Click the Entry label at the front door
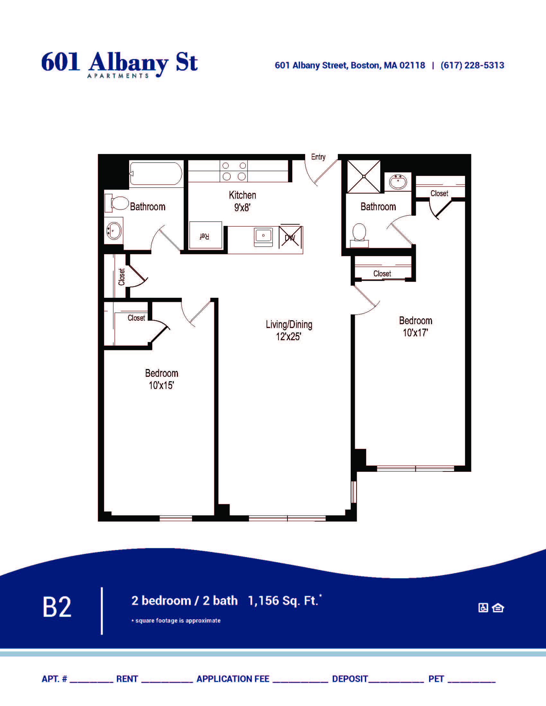click(x=318, y=157)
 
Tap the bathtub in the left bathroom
click(x=156, y=174)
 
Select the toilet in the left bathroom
click(x=117, y=203)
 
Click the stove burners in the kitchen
click(x=234, y=171)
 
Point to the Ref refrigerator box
click(x=206, y=235)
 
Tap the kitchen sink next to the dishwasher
click(x=263, y=237)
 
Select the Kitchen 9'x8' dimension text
click(x=242, y=201)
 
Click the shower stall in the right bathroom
click(x=364, y=176)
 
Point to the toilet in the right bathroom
click(x=359, y=235)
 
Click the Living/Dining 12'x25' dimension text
click(x=289, y=330)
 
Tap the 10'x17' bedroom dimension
click(x=415, y=333)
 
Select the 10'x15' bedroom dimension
click(x=162, y=385)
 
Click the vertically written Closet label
click(x=122, y=277)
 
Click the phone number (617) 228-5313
click(x=472, y=65)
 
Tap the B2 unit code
click(x=57, y=607)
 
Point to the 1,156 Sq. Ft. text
click(x=283, y=601)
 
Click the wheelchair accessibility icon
click(x=483, y=608)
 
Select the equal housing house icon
click(x=498, y=608)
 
